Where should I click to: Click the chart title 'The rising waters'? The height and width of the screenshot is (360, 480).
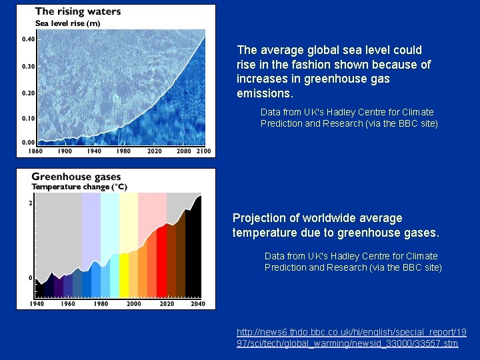(77, 11)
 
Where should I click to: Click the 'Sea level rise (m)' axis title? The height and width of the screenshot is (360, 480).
(67, 23)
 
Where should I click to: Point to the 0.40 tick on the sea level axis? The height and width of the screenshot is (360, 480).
(28, 39)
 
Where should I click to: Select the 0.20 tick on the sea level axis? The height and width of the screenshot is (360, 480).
(28, 93)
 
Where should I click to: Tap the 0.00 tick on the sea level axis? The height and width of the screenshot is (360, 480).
(28, 143)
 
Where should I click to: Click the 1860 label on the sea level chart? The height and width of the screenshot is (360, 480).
(35, 151)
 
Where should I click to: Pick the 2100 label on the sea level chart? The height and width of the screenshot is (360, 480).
(203, 151)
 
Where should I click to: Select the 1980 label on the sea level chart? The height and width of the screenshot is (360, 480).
(123, 151)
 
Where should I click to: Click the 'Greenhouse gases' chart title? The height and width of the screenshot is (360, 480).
(76, 177)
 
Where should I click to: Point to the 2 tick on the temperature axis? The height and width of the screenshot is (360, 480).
(30, 203)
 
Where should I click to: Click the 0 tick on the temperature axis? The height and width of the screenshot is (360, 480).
(30, 277)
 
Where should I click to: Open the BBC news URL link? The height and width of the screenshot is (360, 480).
(351, 337)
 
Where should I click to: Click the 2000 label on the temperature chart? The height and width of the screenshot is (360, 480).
(134, 304)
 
